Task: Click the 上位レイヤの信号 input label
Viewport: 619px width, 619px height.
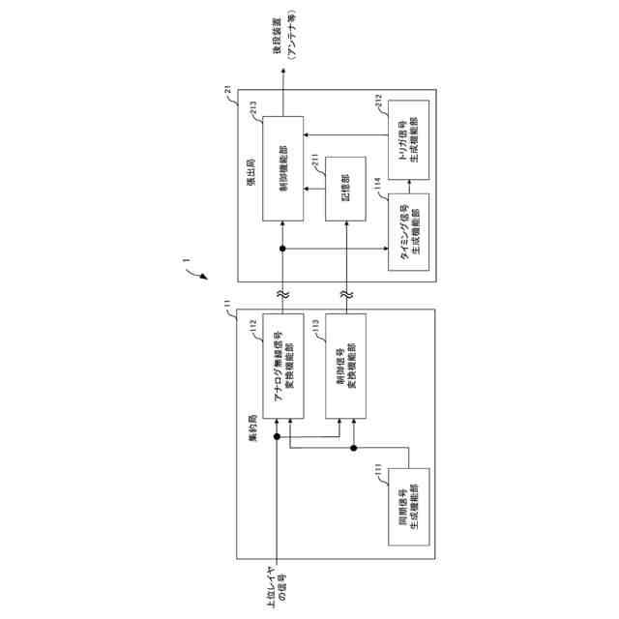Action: coord(278,583)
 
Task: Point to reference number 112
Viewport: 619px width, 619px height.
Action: coord(255,327)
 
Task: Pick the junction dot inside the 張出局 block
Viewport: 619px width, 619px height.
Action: coord(282,251)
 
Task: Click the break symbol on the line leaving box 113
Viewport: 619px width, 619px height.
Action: coord(346,294)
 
